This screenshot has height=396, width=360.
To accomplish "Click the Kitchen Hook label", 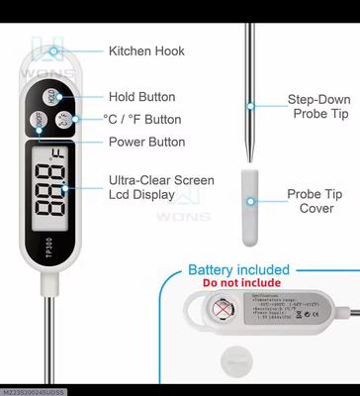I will pyautogui.click(x=146, y=50).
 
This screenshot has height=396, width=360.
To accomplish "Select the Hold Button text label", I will pyautogui.click(x=141, y=97).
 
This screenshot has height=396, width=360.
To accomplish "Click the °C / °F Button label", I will pyautogui.click(x=142, y=120).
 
